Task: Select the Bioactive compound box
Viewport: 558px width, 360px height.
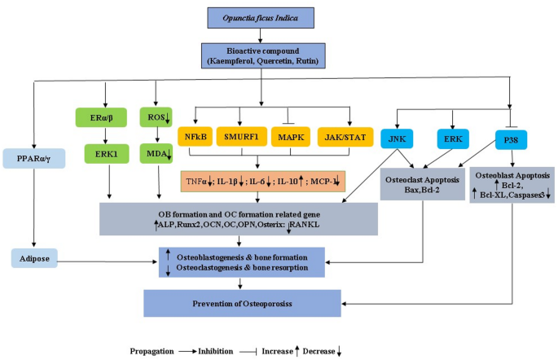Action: (261, 54)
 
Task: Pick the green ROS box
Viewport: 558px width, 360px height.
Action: (156, 116)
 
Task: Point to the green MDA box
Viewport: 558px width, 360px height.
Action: (156, 152)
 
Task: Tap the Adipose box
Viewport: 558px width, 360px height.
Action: (37, 259)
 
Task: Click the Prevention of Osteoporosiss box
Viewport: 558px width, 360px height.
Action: (243, 304)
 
